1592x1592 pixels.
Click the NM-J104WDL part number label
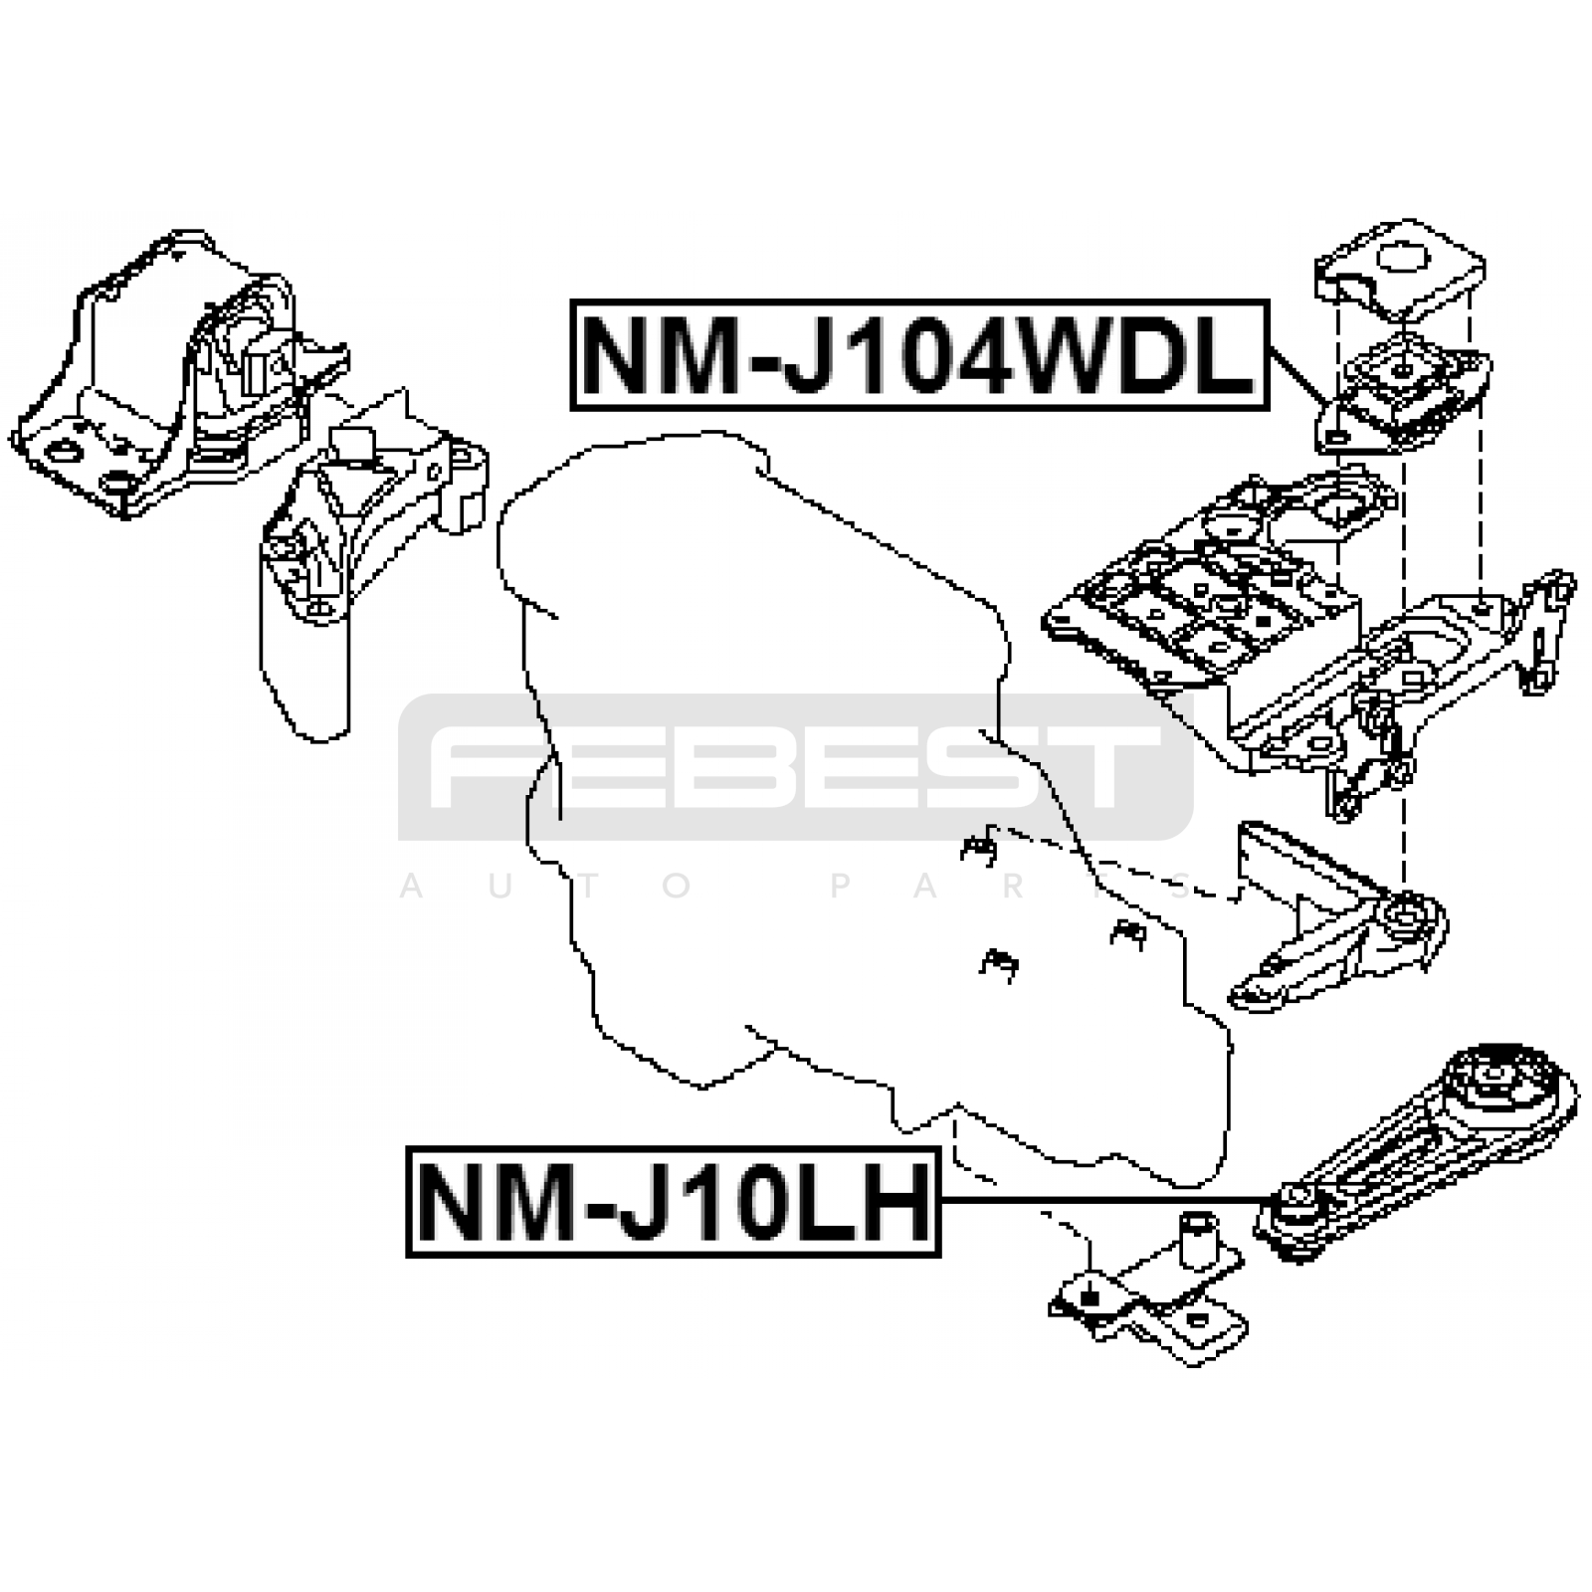[919, 355]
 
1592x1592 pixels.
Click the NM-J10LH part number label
[674, 1201]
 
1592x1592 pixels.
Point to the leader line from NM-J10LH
[1104, 1201]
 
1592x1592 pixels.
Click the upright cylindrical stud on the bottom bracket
[1198, 1240]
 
